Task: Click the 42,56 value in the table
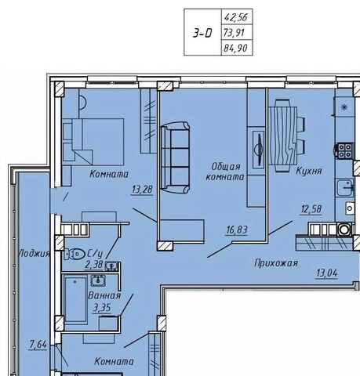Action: (236, 17)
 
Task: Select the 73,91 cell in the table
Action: (234, 33)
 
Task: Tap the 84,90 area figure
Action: (235, 48)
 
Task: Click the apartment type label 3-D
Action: (202, 33)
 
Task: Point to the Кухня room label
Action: (309, 171)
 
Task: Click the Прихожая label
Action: (276, 263)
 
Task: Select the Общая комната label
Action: (225, 172)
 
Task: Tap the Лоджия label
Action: (35, 253)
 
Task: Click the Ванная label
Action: (104, 295)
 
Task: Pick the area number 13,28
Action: (142, 190)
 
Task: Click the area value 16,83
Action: (237, 230)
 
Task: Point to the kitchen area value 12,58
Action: (311, 209)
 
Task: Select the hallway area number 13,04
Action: (327, 273)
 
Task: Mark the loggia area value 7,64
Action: (38, 345)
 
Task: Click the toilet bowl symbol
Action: (75, 254)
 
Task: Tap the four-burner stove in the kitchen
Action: (345, 150)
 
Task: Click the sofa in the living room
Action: (175, 157)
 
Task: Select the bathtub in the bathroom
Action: (76, 300)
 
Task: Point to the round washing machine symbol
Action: (344, 229)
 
